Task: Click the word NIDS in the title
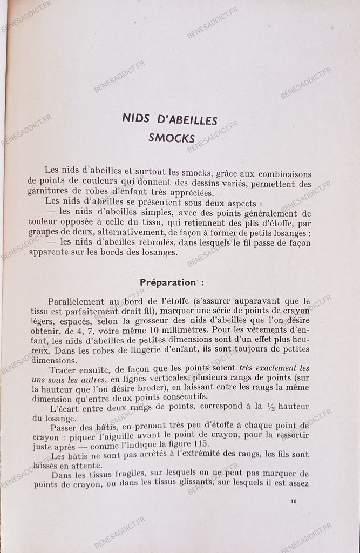[134, 120]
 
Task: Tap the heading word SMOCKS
[172, 138]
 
